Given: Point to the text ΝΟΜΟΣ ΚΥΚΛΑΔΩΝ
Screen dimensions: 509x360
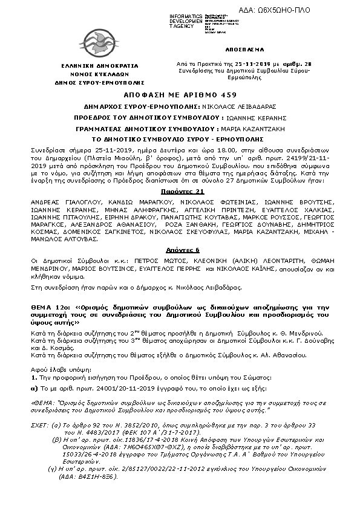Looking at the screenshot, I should [x=99, y=73].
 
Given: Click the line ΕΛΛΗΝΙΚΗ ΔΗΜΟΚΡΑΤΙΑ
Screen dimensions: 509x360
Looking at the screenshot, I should [x=99, y=65].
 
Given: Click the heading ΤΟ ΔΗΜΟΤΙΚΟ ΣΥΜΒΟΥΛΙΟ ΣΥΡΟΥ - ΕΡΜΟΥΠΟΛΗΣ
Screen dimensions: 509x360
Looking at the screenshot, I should [x=180, y=140].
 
